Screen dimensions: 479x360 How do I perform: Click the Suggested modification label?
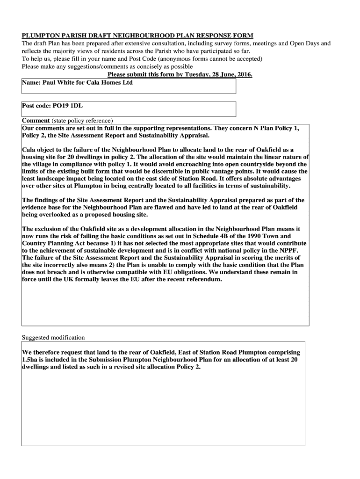point(53,337)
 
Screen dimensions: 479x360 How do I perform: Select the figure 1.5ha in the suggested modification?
point(31,360)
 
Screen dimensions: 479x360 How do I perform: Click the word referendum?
point(203,279)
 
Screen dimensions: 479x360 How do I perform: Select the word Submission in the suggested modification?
point(104,360)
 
